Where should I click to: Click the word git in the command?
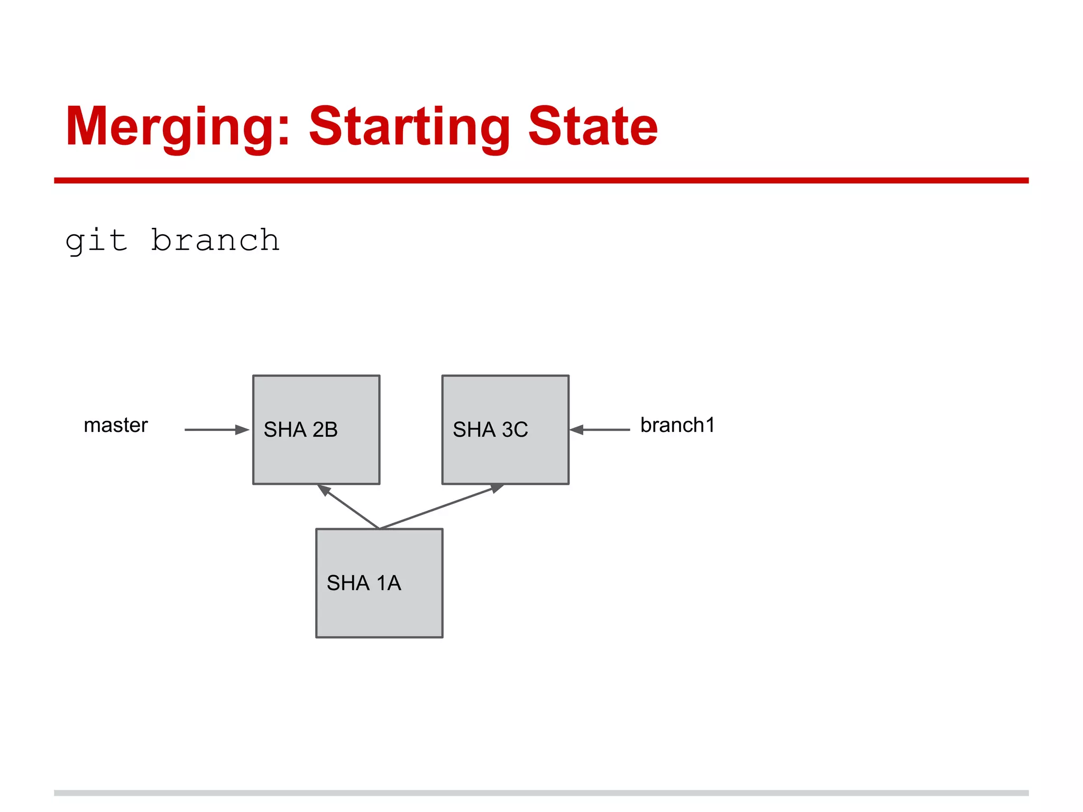click(x=96, y=241)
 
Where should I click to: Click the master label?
click(x=116, y=425)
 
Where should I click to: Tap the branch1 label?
click(x=677, y=425)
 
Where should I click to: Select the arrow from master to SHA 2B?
click(x=214, y=430)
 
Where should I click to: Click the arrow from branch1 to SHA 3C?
click(x=603, y=430)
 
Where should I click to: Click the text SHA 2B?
click(x=300, y=430)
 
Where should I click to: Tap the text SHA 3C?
click(x=490, y=430)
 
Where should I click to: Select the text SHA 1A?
click(x=364, y=583)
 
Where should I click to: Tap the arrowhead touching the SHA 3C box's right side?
click(x=577, y=430)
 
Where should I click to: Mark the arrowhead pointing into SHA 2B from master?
click(x=242, y=430)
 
